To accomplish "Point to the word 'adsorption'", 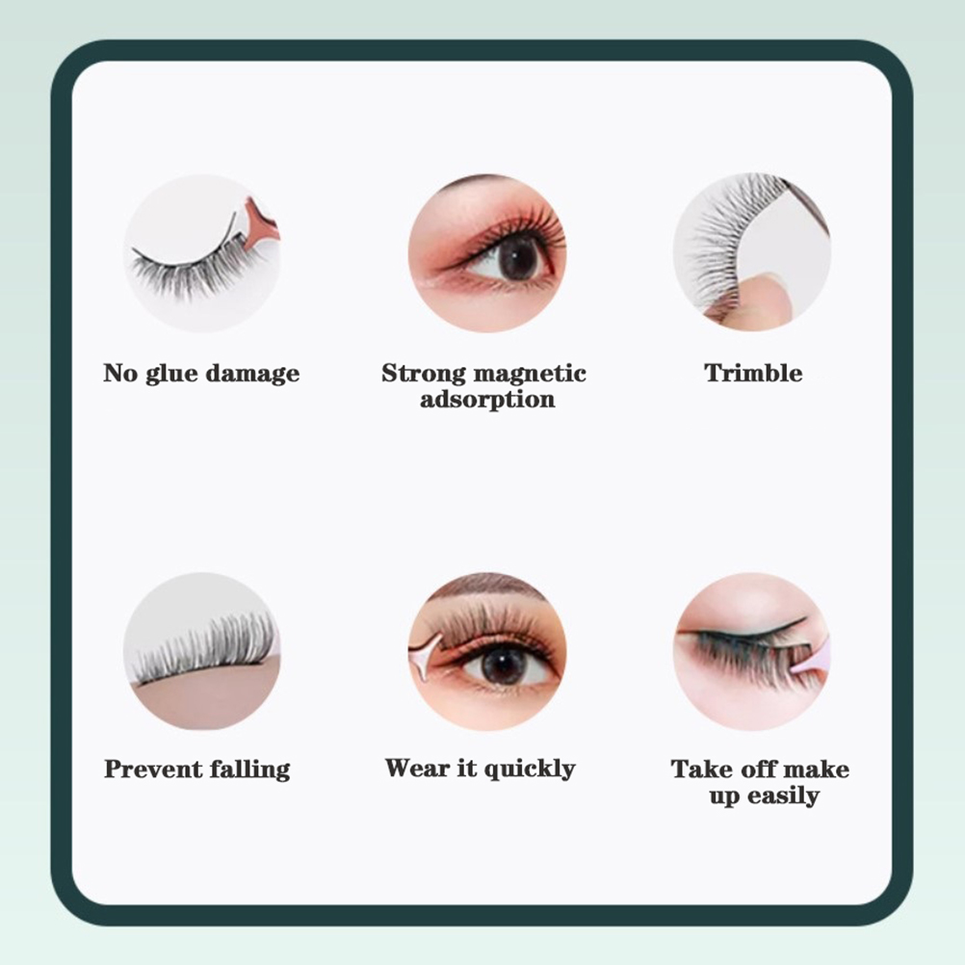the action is (x=487, y=400).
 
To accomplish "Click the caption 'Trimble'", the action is (x=753, y=373).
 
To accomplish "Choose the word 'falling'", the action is (x=249, y=769).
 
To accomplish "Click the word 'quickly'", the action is (x=529, y=769).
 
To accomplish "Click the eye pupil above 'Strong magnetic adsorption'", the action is (x=516, y=256).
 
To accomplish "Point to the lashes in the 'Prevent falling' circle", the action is (x=203, y=649).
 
